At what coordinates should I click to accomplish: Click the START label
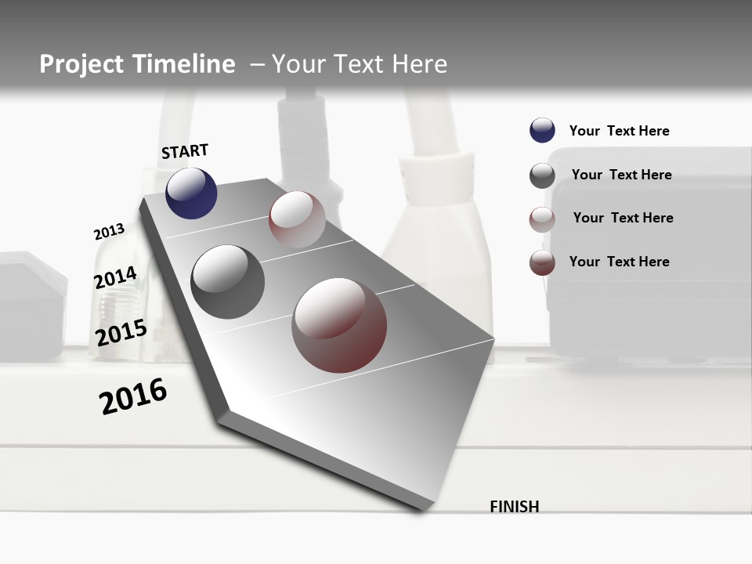185,151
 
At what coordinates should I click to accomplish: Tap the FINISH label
514,507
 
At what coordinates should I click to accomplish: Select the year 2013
109,232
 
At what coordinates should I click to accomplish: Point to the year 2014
115,278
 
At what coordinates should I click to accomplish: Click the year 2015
121,333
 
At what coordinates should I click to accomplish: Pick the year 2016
133,396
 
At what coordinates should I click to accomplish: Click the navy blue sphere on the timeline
191,193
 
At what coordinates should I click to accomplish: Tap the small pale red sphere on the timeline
297,219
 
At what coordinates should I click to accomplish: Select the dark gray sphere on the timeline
227,282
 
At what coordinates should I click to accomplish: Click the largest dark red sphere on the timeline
339,325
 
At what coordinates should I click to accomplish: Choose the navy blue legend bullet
542,131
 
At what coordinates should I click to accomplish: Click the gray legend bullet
542,175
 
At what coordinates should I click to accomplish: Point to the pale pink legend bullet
542,219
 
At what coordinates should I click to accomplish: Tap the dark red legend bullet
542,262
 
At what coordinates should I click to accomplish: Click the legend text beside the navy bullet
619,131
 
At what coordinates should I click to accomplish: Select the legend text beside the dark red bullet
619,262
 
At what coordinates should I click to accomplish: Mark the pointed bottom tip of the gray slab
424,510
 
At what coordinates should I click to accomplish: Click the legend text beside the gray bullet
621,175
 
